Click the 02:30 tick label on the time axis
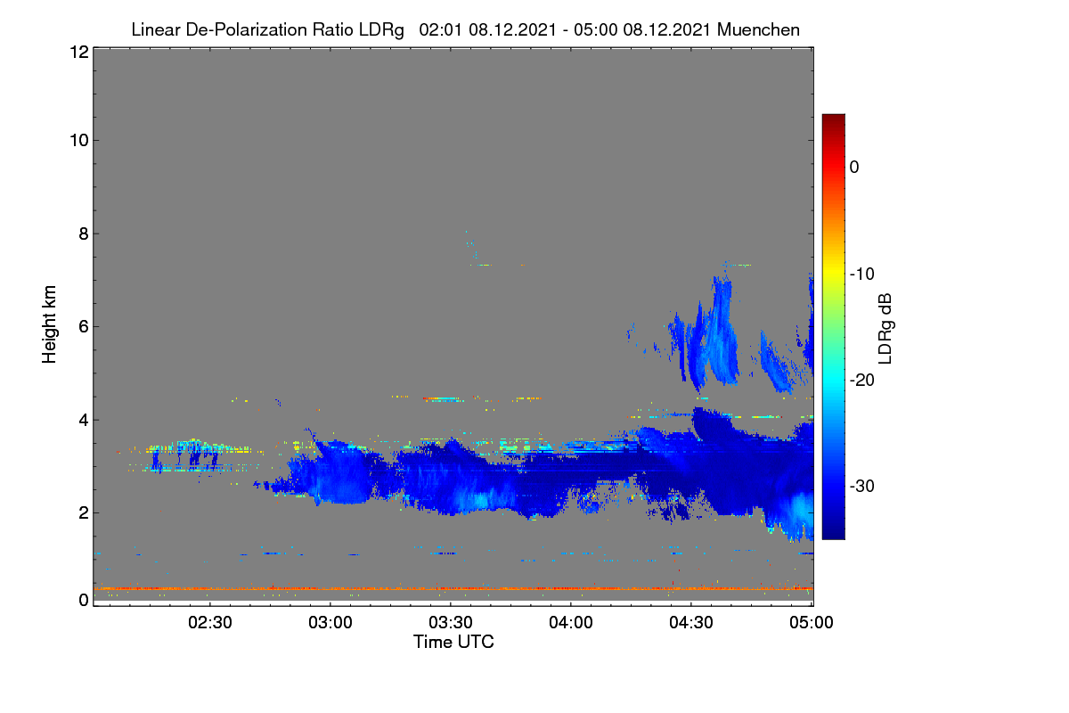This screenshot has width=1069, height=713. (x=210, y=623)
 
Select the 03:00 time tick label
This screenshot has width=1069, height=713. (x=330, y=623)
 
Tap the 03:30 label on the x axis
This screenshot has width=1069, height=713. (x=451, y=623)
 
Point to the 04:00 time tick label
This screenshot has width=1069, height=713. (x=571, y=623)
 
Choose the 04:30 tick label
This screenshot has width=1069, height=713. (x=691, y=623)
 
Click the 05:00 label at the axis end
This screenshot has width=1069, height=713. (x=812, y=623)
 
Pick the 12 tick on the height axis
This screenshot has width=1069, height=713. (x=79, y=52)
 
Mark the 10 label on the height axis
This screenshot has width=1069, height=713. (x=79, y=141)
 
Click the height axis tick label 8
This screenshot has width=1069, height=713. (x=84, y=234)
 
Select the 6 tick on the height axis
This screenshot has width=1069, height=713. (x=84, y=327)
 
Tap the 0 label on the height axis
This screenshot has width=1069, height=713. (x=84, y=601)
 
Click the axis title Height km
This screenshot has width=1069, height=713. (x=49, y=324)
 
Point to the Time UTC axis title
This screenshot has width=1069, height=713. (x=453, y=643)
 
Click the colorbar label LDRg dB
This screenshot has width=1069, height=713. (x=885, y=329)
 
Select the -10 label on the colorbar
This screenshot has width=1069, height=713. (x=862, y=275)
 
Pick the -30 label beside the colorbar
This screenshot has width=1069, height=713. (x=862, y=486)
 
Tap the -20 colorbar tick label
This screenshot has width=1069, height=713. (x=862, y=381)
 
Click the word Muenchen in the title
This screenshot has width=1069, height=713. (x=758, y=30)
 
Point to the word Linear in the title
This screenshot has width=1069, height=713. (x=156, y=30)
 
